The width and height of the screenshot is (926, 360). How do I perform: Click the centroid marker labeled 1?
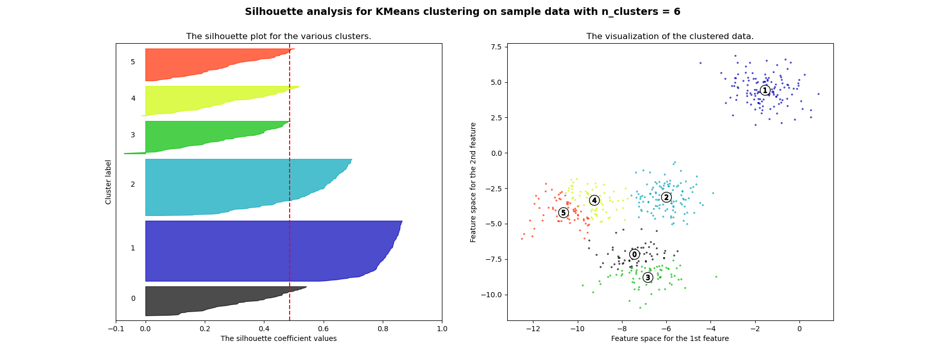tap(765, 91)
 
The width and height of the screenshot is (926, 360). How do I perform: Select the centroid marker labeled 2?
tap(666, 197)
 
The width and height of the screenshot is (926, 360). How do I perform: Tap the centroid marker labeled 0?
tap(634, 255)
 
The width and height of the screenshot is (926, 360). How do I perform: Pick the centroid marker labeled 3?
tap(648, 278)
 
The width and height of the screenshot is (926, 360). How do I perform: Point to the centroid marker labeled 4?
tap(594, 201)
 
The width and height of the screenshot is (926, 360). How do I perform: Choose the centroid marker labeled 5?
tap(563, 213)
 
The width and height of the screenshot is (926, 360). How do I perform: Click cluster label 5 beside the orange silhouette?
tap(133, 62)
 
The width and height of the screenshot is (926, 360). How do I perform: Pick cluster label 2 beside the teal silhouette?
tap(133, 185)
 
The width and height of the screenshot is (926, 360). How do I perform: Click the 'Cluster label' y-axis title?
tap(109, 182)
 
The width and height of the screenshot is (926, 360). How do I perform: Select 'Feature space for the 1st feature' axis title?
tap(670, 338)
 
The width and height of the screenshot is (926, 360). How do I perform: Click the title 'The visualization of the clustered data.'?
tap(670, 37)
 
